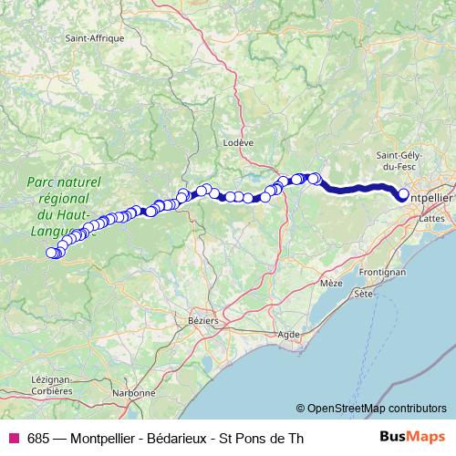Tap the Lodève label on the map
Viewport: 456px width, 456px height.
237,143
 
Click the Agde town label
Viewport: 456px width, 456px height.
289,335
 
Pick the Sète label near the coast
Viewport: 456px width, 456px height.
364,295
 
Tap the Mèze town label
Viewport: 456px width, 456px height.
331,284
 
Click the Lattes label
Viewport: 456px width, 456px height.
429,219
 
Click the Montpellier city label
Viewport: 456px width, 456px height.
428,197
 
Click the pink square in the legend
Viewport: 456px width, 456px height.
13,438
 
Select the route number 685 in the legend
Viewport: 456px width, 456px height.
37,438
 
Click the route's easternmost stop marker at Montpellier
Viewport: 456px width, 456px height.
403,193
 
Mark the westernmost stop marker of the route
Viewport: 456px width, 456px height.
51,253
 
